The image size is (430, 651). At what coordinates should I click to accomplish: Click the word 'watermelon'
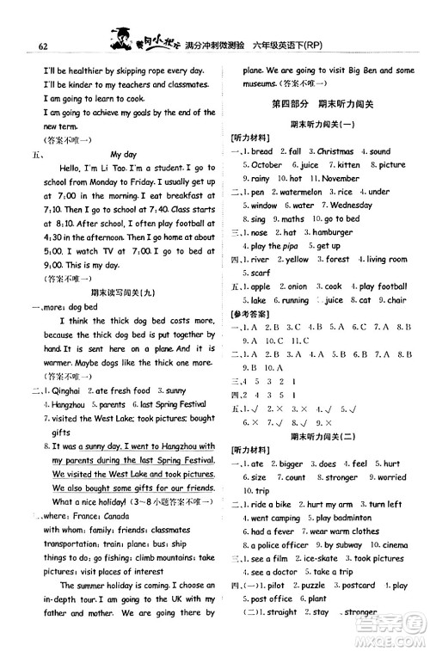click(x=293, y=193)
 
